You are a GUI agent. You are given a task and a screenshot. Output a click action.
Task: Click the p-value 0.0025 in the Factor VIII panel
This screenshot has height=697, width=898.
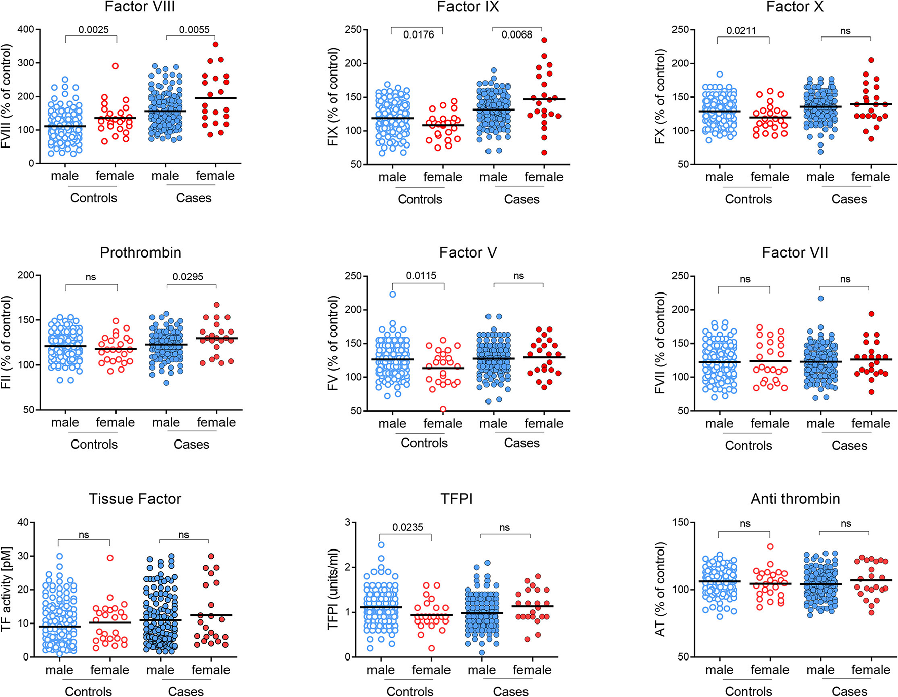point(93,30)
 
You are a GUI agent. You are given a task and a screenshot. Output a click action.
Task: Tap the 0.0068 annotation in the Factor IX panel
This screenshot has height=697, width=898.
point(516,35)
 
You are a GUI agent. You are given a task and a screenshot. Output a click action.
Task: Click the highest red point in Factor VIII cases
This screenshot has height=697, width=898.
point(215,44)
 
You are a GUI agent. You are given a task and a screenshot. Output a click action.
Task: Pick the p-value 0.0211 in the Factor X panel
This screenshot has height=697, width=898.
point(741,31)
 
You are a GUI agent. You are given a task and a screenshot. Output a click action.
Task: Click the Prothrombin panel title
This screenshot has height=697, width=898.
point(140,252)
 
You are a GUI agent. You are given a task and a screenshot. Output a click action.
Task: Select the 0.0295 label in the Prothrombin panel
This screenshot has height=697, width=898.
point(188,277)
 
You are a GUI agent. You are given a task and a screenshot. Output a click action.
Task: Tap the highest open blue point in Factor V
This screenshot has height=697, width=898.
point(392,294)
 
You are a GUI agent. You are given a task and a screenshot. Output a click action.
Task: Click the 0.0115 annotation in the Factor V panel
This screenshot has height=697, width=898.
point(421,276)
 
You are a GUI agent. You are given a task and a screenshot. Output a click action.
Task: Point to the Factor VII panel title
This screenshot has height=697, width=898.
point(795,252)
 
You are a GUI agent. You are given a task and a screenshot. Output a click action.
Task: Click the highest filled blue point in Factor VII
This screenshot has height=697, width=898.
point(820,298)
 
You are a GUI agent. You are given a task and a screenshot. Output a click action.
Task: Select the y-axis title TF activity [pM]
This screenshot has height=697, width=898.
point(7,589)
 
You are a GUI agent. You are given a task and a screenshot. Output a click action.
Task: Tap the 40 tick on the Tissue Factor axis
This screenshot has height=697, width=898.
point(24,522)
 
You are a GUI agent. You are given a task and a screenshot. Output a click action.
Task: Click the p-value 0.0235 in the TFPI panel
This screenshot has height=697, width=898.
point(408,527)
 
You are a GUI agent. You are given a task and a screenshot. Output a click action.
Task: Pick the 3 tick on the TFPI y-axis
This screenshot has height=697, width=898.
point(347,522)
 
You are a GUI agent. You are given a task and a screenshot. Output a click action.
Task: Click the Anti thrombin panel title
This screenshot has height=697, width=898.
point(795,499)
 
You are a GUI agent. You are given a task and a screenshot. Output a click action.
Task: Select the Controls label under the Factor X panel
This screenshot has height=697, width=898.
point(748,199)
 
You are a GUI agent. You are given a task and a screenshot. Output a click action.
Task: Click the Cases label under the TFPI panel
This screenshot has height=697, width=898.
point(511,692)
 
